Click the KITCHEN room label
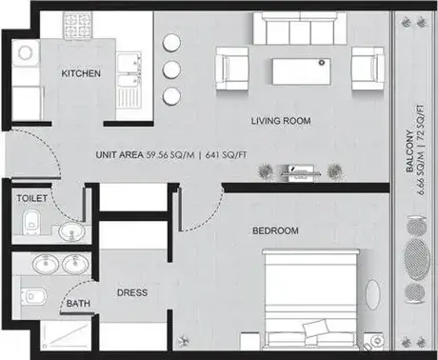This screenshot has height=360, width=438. (x=81, y=73)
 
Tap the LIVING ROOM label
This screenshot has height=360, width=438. (x=281, y=121)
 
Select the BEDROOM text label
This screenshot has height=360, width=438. (x=275, y=230)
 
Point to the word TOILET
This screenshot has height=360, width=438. (x=31, y=199)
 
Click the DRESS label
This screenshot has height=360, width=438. (x=132, y=292)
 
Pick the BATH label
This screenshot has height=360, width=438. (x=78, y=304)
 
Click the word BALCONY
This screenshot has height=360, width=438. (x=410, y=151)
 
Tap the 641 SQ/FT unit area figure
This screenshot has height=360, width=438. (x=226, y=155)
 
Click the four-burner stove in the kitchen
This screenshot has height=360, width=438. (x=77, y=25)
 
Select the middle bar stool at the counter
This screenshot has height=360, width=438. (x=171, y=69)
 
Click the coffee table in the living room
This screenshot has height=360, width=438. (x=301, y=71)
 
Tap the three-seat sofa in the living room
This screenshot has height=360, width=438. (x=300, y=29)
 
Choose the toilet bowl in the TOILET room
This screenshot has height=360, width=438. (x=31, y=222)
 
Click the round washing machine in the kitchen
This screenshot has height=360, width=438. (x=26, y=52)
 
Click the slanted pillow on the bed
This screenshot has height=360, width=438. (x=315, y=328)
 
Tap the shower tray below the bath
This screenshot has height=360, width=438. (x=67, y=335)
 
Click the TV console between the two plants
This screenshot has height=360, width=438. (x=301, y=172)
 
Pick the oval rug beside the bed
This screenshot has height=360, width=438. (x=372, y=294)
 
